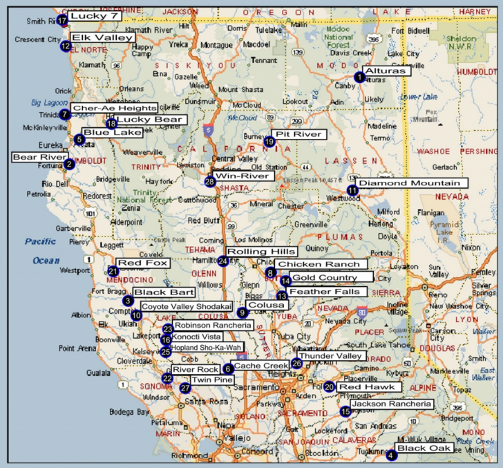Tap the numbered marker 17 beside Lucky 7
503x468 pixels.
click(x=62, y=20)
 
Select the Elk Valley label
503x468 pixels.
click(x=102, y=38)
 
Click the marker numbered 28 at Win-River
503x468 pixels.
click(x=210, y=181)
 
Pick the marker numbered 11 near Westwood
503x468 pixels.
click(x=353, y=189)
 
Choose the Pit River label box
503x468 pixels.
click(x=298, y=133)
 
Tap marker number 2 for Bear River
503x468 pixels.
click(x=68, y=164)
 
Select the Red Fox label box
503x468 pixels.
click(x=143, y=263)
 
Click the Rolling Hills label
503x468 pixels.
click(x=261, y=252)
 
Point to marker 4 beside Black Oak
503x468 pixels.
click(x=392, y=454)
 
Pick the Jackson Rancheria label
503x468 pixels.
click(x=391, y=404)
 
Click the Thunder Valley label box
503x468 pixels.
click(x=330, y=356)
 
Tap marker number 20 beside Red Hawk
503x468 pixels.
click(x=329, y=387)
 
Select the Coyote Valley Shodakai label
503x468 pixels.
click(x=187, y=306)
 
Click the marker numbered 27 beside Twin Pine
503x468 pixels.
click(x=184, y=388)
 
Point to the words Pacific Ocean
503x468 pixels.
click(x=43, y=250)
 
